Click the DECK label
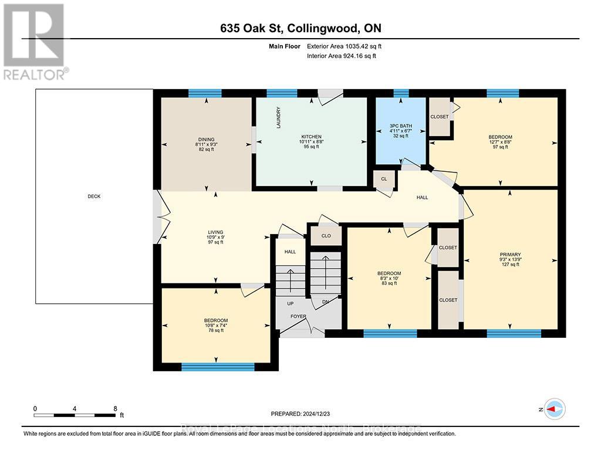[94, 197]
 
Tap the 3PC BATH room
[401, 130]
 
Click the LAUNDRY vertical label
[279, 117]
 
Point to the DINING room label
[205, 140]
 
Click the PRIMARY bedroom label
[510, 255]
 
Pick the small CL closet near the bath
[384, 179]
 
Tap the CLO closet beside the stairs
[326, 236]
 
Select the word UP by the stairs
[289, 304]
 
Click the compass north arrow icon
[555, 408]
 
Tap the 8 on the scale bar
[115, 409]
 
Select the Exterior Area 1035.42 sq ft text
[346, 46]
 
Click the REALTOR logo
[33, 41]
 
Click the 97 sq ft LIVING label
[214, 242]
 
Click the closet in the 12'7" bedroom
[439, 117]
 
